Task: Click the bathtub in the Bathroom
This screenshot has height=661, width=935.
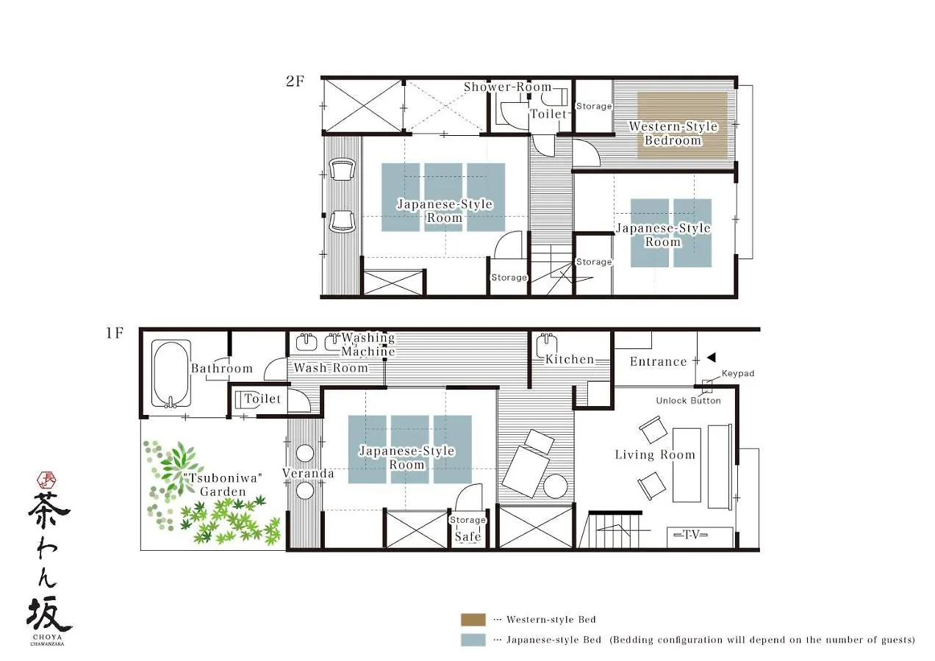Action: [x=171, y=374]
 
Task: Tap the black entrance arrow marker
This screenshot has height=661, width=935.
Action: [x=712, y=358]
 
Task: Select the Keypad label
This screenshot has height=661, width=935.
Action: [x=738, y=373]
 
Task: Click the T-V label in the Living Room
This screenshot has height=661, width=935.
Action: [x=691, y=534]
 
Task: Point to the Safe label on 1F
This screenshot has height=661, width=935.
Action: [x=468, y=536]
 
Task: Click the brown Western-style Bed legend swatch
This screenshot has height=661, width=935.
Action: [x=473, y=620]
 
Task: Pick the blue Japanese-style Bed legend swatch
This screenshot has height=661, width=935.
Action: [x=473, y=640]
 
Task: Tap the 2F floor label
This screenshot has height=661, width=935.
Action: [x=295, y=81]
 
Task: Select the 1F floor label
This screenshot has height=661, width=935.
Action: [x=115, y=333]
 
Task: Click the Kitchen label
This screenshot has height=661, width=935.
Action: [x=570, y=359]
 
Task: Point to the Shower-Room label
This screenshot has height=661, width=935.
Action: [x=508, y=87]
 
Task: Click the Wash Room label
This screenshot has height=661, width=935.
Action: [x=331, y=368]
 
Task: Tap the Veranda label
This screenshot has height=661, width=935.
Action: [x=308, y=473]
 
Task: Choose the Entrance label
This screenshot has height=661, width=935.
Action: [x=659, y=361]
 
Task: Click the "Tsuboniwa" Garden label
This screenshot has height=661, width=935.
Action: [x=223, y=485]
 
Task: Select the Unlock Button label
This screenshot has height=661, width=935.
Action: [x=688, y=401]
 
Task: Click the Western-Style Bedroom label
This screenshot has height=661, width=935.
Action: [x=673, y=133]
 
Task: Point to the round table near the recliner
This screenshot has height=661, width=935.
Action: [x=555, y=486]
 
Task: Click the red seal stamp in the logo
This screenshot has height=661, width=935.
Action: [x=47, y=480]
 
